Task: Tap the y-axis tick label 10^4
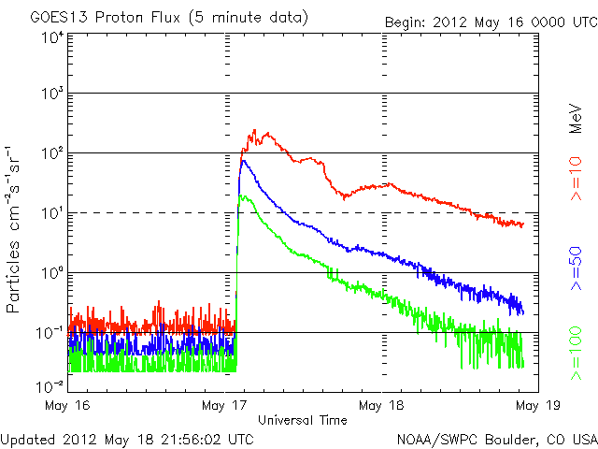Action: pos(51,38)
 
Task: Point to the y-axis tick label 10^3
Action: pos(51,94)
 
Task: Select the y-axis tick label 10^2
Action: pos(51,153)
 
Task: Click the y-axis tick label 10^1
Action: pos(51,213)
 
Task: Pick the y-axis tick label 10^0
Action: pos(51,273)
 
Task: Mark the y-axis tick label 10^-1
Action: pos(50,332)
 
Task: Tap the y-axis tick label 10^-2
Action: pos(50,384)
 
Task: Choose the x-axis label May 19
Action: pos(534,405)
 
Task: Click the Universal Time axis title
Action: pos(302,420)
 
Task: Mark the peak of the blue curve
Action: pos(243,161)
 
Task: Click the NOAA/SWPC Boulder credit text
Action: pos(496,439)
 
